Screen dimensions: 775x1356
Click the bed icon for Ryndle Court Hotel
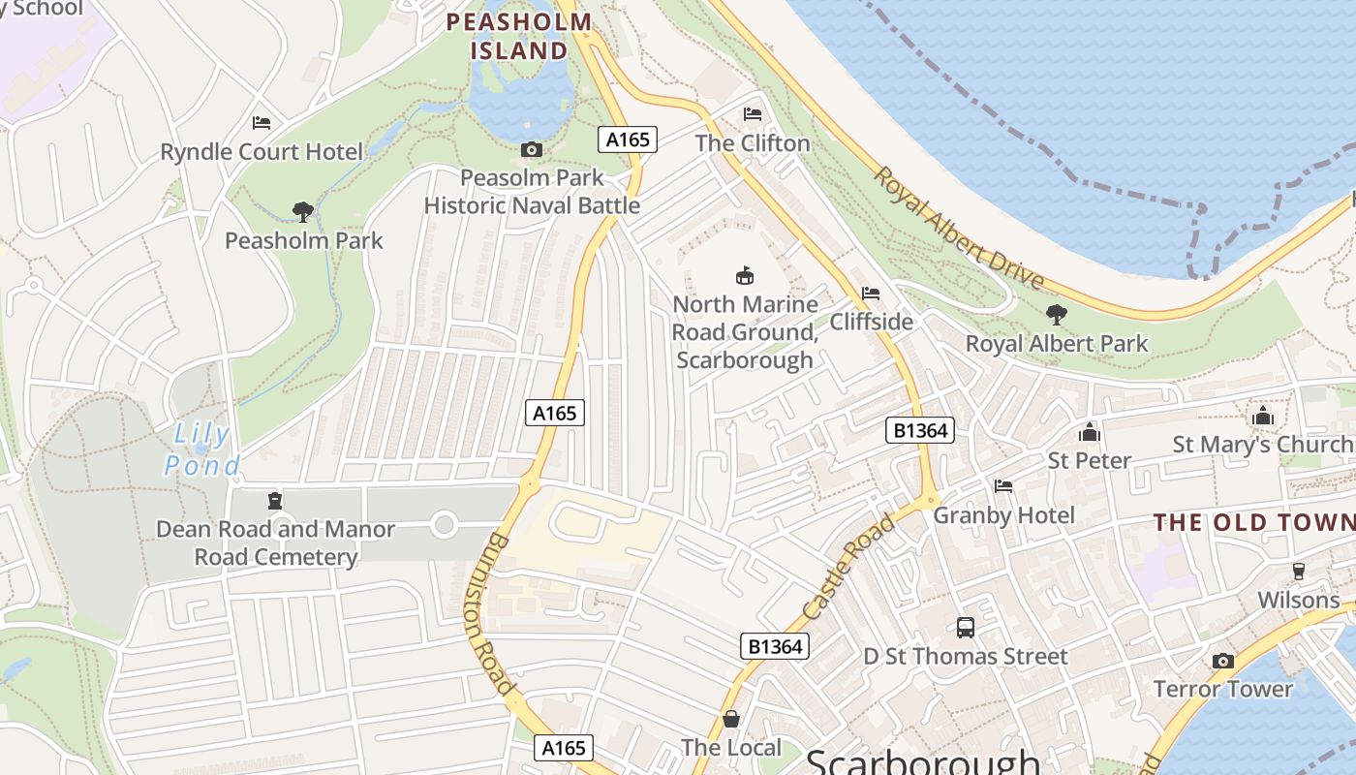[262, 123]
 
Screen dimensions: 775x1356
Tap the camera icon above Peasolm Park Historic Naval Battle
[532, 149]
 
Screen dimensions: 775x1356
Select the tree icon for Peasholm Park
[303, 211]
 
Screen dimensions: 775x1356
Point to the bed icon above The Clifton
[753, 114]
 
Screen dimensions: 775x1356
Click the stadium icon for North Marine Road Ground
[745, 276]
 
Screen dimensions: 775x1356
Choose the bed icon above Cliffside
[871, 294]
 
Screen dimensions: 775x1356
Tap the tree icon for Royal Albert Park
[1056, 315]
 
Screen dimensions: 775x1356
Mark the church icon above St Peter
[1090, 432]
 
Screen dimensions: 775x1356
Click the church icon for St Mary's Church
[1263, 417]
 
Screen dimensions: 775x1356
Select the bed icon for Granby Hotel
[1003, 486]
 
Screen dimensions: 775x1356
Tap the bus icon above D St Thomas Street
[966, 628]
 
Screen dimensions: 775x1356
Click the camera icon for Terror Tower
[1223, 661]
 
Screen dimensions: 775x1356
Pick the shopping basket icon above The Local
[731, 719]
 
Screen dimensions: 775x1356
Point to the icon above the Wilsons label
[1299, 572]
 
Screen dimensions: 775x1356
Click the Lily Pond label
[201, 450]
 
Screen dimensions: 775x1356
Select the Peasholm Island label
[518, 36]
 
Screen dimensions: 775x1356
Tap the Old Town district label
[1253, 523]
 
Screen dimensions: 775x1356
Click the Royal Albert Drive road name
[959, 229]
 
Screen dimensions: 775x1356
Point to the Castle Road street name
[849, 568]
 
